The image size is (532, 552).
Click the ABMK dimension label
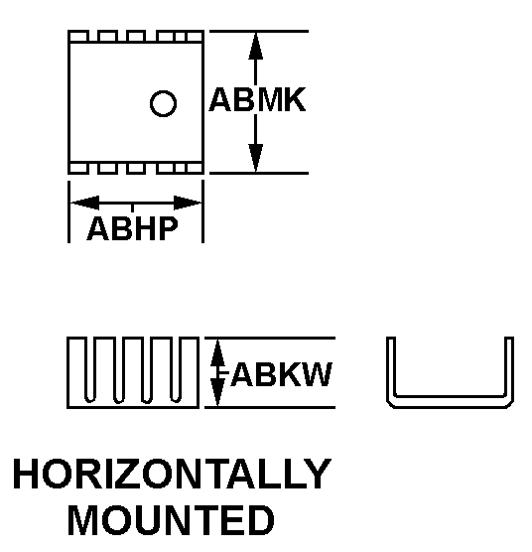257,99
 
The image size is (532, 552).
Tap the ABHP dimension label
132,228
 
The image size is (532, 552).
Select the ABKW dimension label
281,374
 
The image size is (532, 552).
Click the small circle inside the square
163,103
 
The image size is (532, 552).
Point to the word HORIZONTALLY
172,474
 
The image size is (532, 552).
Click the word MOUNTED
171,520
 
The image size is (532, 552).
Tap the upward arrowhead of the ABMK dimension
256,46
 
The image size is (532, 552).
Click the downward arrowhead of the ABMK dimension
256,158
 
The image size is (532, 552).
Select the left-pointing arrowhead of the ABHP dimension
84,203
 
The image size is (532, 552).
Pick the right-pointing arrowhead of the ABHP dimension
188,203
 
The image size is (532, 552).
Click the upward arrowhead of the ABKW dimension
217,352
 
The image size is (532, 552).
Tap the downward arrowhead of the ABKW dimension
217,392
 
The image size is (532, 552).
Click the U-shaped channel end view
450,402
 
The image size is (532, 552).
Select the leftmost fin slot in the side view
90,369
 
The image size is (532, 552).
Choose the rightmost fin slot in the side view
176,369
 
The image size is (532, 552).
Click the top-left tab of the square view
78,37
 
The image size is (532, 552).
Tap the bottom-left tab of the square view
78,168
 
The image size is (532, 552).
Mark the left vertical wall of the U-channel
391,368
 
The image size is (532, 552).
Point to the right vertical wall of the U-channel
509,368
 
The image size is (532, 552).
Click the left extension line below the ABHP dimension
68,211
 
